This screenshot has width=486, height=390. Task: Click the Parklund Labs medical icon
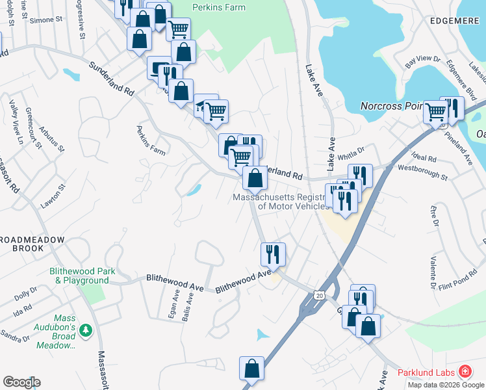pos(465,372)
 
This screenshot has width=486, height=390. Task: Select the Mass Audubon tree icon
pos(85,331)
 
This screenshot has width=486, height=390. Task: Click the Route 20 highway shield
pos(318,295)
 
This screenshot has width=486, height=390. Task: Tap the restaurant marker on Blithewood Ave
pos(273,253)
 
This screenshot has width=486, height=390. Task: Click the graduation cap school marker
pos(202,105)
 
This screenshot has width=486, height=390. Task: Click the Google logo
pos(21,382)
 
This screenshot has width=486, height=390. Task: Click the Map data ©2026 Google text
pos(445,385)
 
